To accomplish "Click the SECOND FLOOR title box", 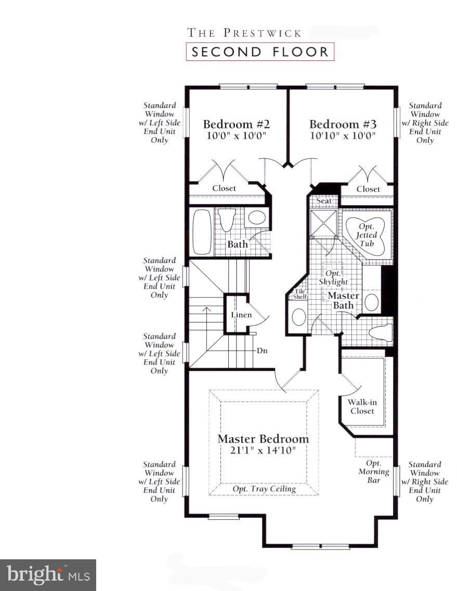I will (x=260, y=52).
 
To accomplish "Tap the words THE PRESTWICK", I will (x=244, y=33).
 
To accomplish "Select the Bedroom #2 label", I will (x=236, y=125).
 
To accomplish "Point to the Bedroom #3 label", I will (x=343, y=125).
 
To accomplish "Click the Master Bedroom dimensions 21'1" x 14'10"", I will (x=263, y=450).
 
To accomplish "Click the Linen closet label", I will (x=241, y=315).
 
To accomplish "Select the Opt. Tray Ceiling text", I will (x=264, y=489).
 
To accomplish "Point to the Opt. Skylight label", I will (x=333, y=277).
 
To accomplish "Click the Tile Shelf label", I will (x=301, y=294).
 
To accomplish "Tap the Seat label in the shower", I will (x=324, y=201).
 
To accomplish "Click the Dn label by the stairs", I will (x=262, y=351).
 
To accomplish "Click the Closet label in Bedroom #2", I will (x=224, y=189).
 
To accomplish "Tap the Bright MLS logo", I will (x=48, y=575).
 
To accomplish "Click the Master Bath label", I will (x=343, y=300).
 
